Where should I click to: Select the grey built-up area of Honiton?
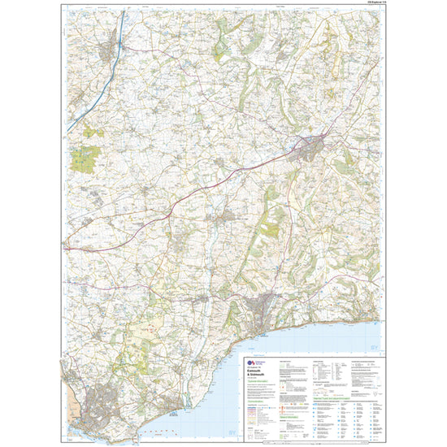click(x=314, y=146)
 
